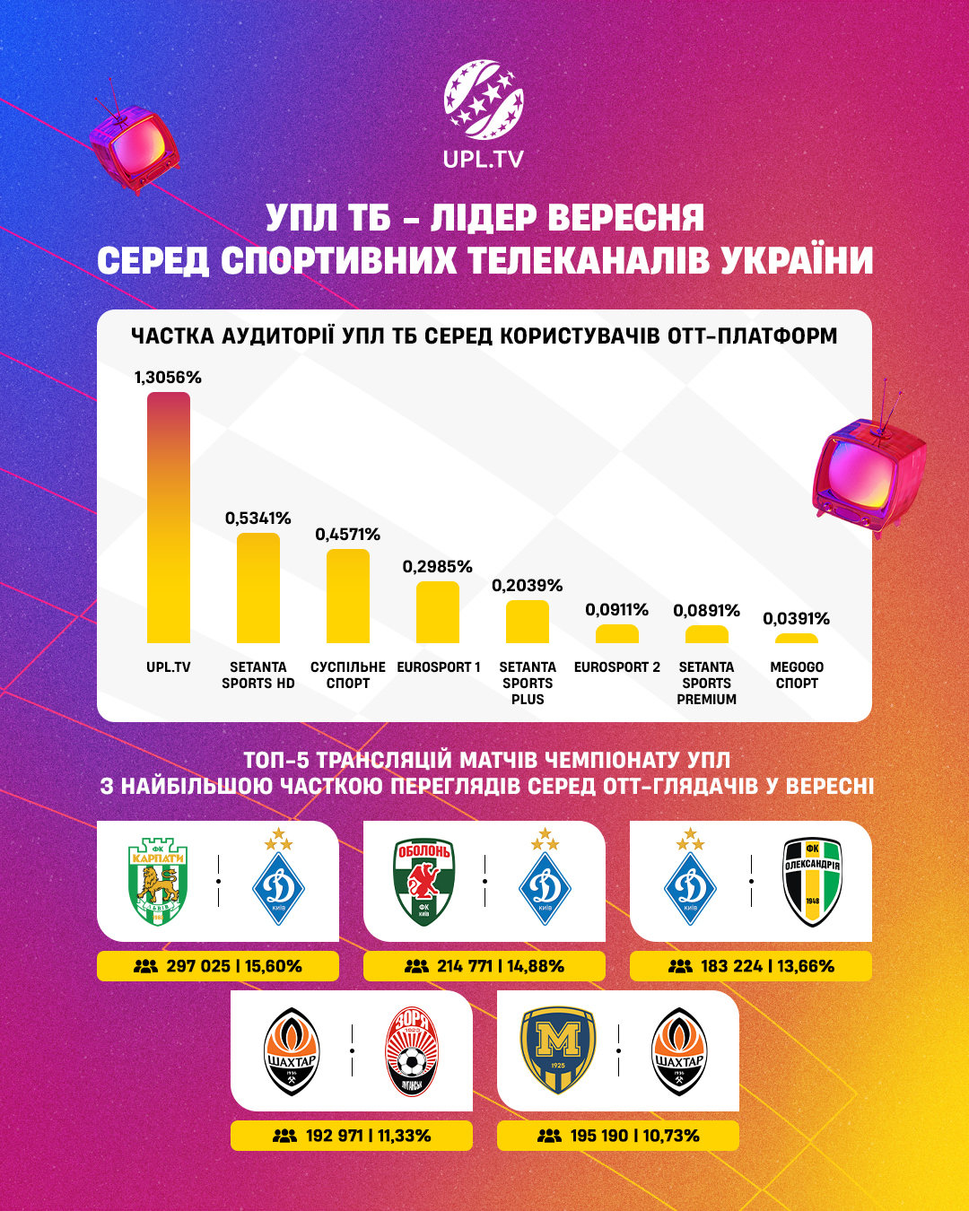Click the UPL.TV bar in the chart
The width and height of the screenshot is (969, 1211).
[169, 518]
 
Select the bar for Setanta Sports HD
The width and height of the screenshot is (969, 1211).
[258, 588]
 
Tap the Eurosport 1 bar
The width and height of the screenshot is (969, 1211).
[438, 613]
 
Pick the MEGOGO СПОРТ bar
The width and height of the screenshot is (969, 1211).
[797, 639]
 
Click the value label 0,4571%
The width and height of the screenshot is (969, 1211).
[347, 535]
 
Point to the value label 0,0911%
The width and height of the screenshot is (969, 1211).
[616, 610]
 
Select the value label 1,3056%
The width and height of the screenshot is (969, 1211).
[168, 378]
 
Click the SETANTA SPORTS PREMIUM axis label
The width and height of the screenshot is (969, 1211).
[707, 684]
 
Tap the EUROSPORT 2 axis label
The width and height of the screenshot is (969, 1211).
[617, 667]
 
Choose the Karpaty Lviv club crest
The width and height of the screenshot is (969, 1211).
[157, 882]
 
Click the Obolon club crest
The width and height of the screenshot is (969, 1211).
[423, 882]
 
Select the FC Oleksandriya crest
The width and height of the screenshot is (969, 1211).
[812, 882]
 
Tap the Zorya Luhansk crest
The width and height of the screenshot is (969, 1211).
[411, 1051]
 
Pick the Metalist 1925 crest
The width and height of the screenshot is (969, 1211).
[558, 1050]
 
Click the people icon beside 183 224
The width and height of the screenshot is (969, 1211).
[681, 966]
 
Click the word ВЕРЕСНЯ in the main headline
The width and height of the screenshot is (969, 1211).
[625, 218]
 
